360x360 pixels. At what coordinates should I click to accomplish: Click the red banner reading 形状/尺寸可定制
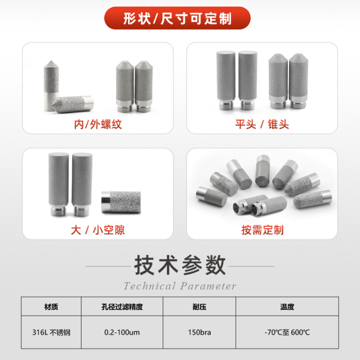coord(177,18)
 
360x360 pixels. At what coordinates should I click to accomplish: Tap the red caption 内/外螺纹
coord(98,124)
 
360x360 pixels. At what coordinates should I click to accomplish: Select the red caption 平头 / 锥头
coord(262,124)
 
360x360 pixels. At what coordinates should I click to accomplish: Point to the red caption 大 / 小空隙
coord(98,230)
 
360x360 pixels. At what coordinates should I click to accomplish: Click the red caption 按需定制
coord(262,230)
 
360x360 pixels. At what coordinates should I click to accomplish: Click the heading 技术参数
coord(180,265)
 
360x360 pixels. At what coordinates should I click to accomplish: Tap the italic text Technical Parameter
coord(180,286)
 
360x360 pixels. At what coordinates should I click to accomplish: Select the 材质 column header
coord(51,307)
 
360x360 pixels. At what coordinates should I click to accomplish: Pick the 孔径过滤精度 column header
coord(122,307)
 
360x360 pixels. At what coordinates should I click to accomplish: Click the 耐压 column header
coord(199,307)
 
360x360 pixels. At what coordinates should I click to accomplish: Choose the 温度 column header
coord(287,307)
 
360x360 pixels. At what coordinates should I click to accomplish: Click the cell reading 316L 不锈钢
coord(51,332)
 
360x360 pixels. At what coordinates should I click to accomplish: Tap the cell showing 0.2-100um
coord(122,332)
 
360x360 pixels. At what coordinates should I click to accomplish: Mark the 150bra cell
coord(199,332)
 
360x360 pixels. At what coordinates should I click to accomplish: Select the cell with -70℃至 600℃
coord(287,332)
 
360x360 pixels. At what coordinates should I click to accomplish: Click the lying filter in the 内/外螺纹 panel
coord(73,104)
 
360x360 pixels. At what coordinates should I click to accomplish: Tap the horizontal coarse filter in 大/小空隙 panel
coord(121,202)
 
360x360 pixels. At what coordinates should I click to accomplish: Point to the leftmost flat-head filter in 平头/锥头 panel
coord(226,80)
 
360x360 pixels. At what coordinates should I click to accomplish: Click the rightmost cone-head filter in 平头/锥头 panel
coord(298,81)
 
